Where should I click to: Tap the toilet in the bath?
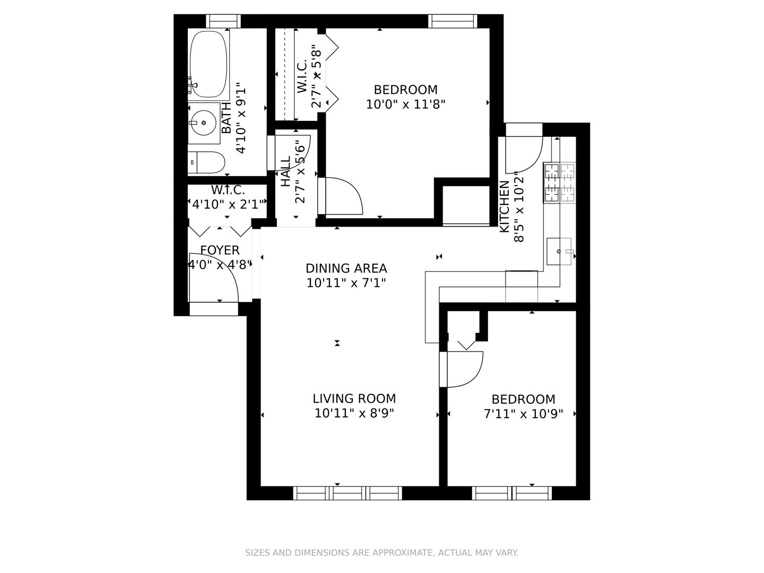pyautogui.click(x=206, y=162)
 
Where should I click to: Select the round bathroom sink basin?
pyautogui.click(x=204, y=123)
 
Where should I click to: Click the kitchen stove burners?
pyautogui.click(x=559, y=183)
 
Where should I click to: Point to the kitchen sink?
pyautogui.click(x=559, y=251)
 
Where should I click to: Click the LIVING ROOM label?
pyautogui.click(x=354, y=398)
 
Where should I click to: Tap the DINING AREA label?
pyautogui.click(x=346, y=268)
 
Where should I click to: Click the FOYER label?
pyautogui.click(x=220, y=250)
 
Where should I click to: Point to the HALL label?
pyautogui.click(x=285, y=171)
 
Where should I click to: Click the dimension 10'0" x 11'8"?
pyautogui.click(x=405, y=105)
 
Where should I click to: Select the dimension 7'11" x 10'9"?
pyautogui.click(x=523, y=414)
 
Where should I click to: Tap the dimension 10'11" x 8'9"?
pyautogui.click(x=354, y=413)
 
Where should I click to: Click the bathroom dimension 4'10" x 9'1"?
pyautogui.click(x=241, y=118)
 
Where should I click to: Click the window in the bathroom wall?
pyautogui.click(x=223, y=21)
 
